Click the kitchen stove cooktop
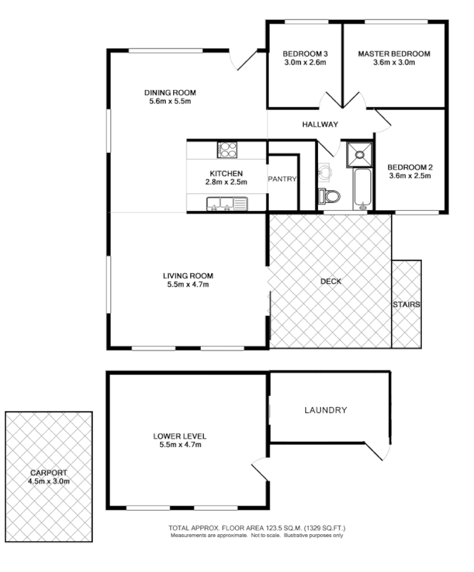pyautogui.click(x=227, y=149)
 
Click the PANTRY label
pyautogui.click(x=282, y=179)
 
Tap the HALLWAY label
pyautogui.click(x=319, y=124)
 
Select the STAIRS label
pyautogui.click(x=406, y=304)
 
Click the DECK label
pyautogui.click(x=331, y=281)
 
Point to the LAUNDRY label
pyautogui.click(x=325, y=410)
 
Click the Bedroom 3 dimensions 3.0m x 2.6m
pyautogui.click(x=304, y=63)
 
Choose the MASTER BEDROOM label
pyautogui.click(x=394, y=54)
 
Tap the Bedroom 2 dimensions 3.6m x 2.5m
pyautogui.click(x=410, y=175)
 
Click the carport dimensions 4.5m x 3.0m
pyautogui.click(x=49, y=481)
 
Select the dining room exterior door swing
pyautogui.click(x=244, y=60)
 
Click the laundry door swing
pyautogui.click(x=380, y=450)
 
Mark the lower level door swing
pyautogui.click(x=259, y=470)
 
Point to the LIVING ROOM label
pyautogui.click(x=188, y=275)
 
